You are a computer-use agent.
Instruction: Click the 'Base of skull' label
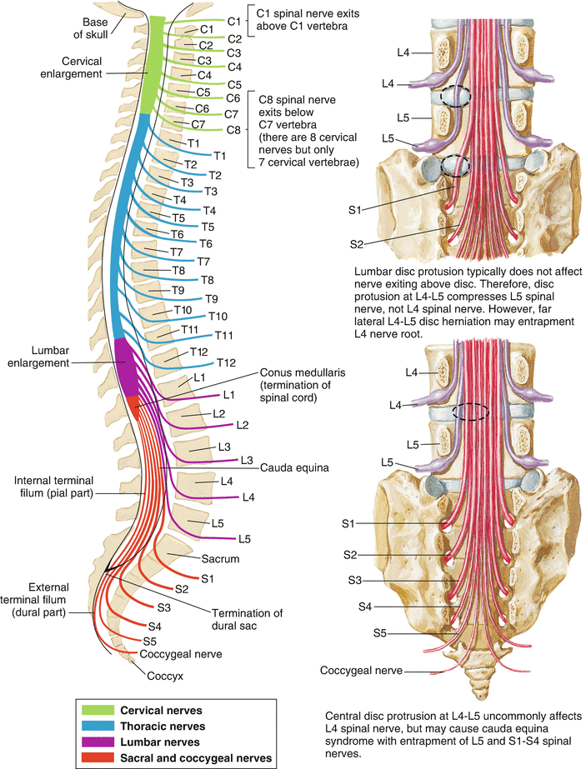click(99, 27)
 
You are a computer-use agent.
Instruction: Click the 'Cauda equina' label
click(294, 468)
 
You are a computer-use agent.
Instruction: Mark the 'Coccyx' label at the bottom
click(165, 676)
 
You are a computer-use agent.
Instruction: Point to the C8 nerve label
click(234, 129)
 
